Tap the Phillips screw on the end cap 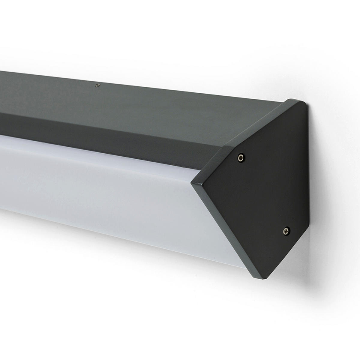[286, 230]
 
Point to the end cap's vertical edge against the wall [308, 180]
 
